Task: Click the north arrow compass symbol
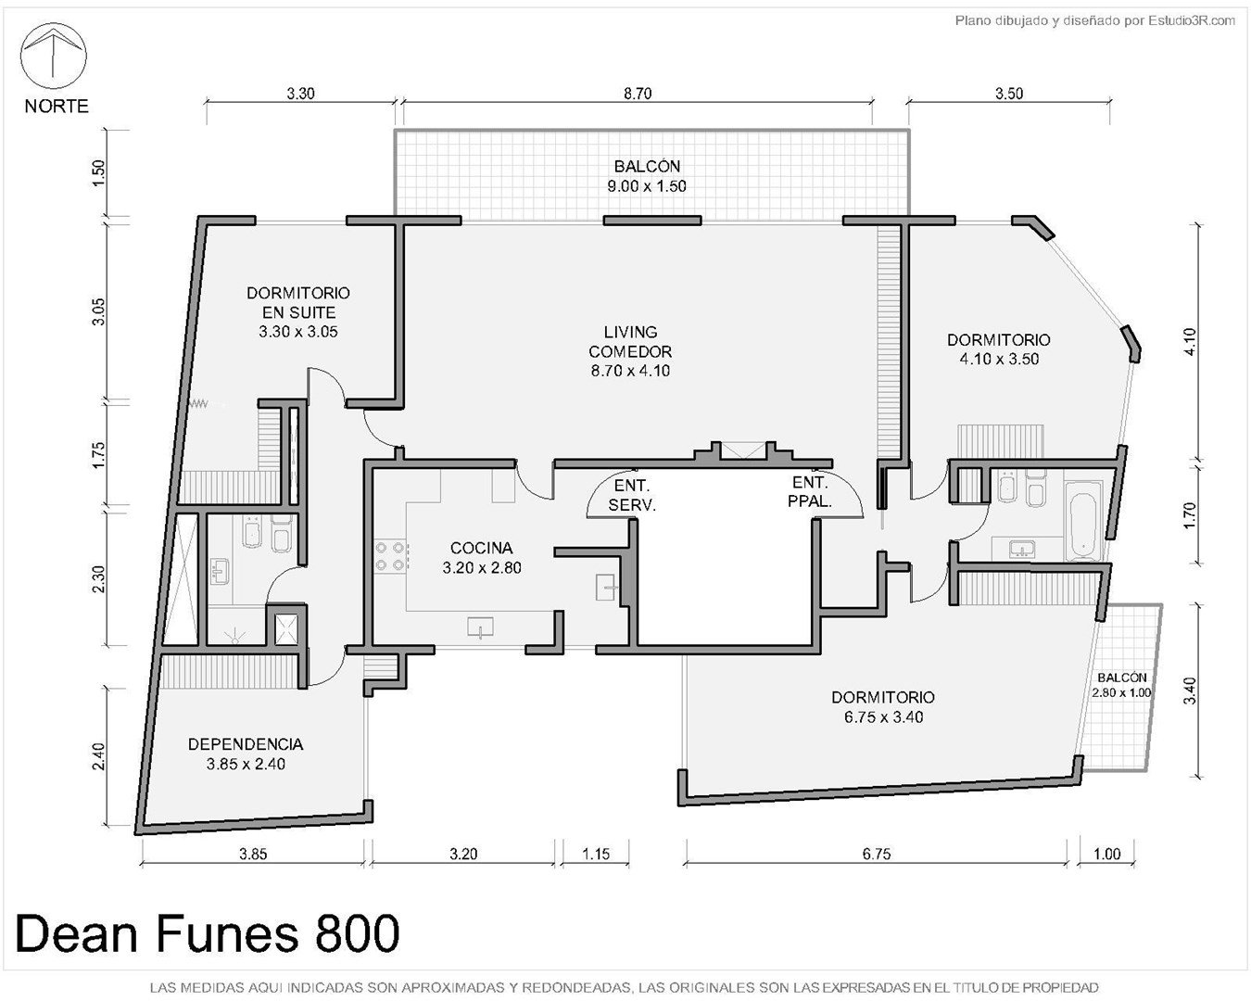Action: click(x=54, y=56)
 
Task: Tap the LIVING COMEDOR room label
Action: click(x=630, y=351)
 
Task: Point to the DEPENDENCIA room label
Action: click(x=246, y=744)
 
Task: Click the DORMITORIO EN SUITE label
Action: click(x=298, y=302)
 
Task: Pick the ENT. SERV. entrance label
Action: click(x=632, y=495)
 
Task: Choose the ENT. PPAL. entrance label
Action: click(x=810, y=491)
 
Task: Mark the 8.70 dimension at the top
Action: click(x=638, y=94)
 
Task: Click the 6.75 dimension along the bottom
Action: click(x=876, y=854)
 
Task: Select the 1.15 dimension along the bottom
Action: click(x=596, y=854)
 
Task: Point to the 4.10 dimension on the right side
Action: click(x=1190, y=342)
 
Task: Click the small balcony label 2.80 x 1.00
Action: click(x=1121, y=692)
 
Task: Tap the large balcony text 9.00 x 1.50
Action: click(x=647, y=186)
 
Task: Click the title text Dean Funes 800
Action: click(x=208, y=933)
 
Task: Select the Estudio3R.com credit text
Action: click(x=1191, y=21)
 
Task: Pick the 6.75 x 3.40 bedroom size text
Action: click(x=884, y=717)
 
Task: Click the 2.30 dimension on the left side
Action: click(x=99, y=578)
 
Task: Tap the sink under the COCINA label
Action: click(x=480, y=627)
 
